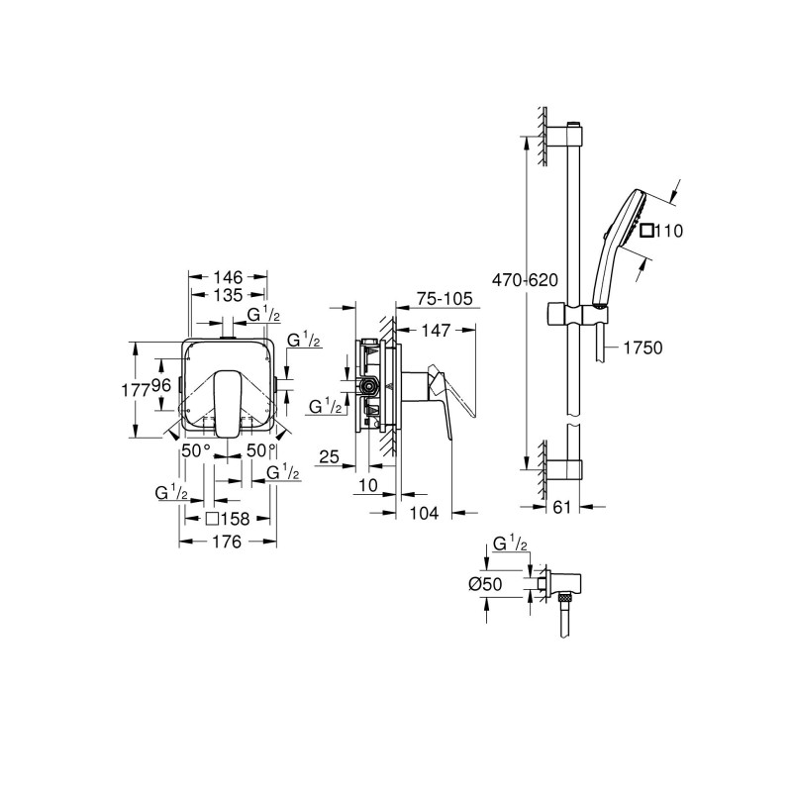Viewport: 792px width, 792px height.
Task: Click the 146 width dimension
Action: [x=229, y=278]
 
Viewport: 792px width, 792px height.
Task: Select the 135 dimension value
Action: [x=229, y=295]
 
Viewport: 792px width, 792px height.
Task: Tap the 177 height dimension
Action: [x=145, y=390]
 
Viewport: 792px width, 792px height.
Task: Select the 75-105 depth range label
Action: [x=444, y=297]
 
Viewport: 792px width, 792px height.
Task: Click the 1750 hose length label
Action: [x=643, y=347]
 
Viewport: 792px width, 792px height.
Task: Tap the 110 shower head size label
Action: [x=671, y=231]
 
